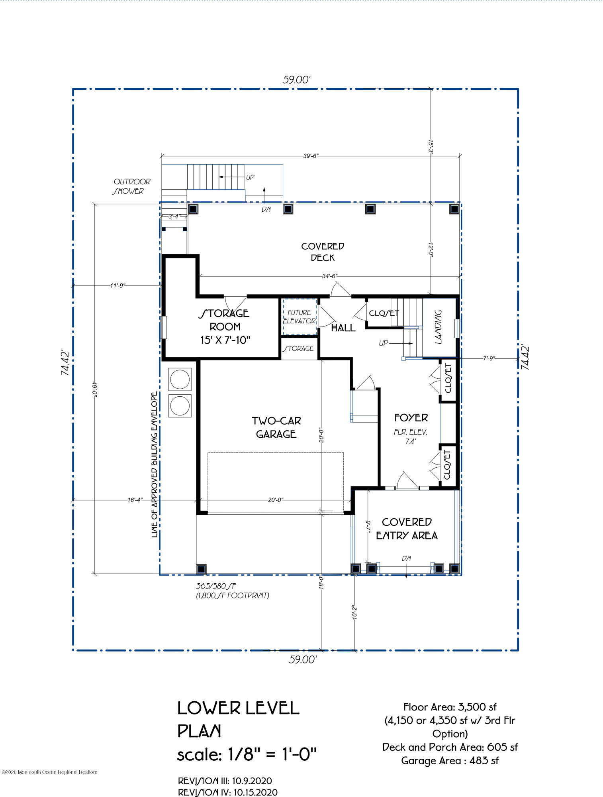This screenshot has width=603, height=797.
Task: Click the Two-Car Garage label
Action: pyautogui.click(x=276, y=427)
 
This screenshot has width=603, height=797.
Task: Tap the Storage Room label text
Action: pyautogui.click(x=225, y=327)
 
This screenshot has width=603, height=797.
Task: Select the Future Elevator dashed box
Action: pyautogui.click(x=300, y=317)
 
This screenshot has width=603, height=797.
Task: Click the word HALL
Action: pyautogui.click(x=343, y=328)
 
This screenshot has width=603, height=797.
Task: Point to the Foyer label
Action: pyautogui.click(x=411, y=417)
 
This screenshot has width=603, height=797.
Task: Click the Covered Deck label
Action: pyautogui.click(x=323, y=252)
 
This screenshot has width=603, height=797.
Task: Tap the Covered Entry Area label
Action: pyautogui.click(x=407, y=529)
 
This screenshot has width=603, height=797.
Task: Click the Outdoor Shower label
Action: pyautogui.click(x=131, y=186)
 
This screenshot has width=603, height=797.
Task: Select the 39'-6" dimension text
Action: pyautogui.click(x=311, y=156)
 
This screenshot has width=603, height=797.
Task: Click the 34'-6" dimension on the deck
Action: pyautogui.click(x=330, y=276)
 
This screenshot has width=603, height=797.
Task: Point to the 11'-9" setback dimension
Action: pyautogui.click(x=118, y=285)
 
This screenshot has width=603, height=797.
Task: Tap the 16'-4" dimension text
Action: pyautogui.click(x=135, y=500)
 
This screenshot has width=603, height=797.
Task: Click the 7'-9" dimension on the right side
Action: pyautogui.click(x=489, y=358)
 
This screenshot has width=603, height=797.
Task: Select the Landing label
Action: pyautogui.click(x=438, y=327)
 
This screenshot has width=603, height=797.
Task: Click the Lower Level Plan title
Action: pyautogui.click(x=238, y=720)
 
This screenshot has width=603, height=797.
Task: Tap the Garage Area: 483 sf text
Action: pyautogui.click(x=450, y=761)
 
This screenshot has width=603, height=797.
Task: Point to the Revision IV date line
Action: pyautogui.click(x=228, y=792)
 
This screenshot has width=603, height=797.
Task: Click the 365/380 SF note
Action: pyautogui.click(x=215, y=586)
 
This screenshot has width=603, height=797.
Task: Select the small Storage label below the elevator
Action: pyautogui.click(x=298, y=348)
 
